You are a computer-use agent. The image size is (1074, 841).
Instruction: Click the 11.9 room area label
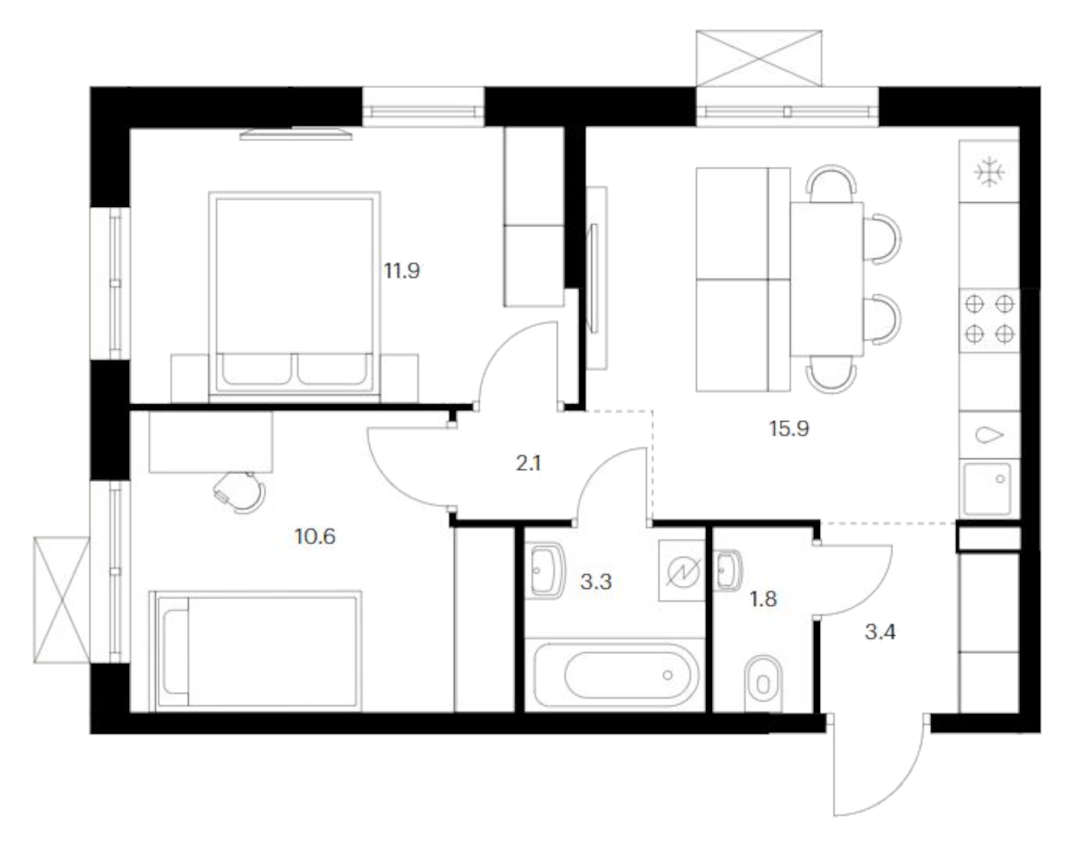(x=402, y=271)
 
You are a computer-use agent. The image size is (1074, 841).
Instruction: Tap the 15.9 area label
(x=789, y=429)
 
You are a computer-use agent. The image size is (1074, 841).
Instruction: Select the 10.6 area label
(x=314, y=537)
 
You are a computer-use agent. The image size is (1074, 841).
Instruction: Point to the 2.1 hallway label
(x=528, y=463)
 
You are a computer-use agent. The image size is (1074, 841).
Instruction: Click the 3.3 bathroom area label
(x=595, y=582)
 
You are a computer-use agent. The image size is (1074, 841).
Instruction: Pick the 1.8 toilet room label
(x=763, y=599)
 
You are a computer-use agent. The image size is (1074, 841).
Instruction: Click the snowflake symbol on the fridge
(x=989, y=172)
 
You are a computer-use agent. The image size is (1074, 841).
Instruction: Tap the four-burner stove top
(x=989, y=320)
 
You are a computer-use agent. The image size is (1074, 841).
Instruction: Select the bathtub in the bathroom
(x=616, y=675)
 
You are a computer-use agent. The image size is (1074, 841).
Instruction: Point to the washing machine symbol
(x=681, y=571)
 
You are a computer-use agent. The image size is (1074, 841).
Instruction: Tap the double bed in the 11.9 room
(x=294, y=295)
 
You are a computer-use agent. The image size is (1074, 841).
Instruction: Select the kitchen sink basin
(x=987, y=488)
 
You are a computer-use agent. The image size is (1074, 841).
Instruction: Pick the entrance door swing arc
(x=877, y=775)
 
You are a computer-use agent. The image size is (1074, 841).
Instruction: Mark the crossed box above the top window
(x=758, y=58)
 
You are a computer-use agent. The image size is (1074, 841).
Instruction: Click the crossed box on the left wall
(x=61, y=599)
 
